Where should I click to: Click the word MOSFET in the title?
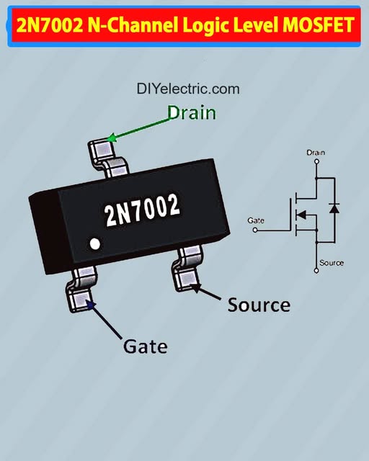(322, 26)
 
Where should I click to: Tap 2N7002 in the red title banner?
(49, 26)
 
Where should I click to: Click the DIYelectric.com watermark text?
(187, 89)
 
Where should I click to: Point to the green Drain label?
(192, 112)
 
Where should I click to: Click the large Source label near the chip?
(259, 305)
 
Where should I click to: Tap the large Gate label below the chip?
(146, 346)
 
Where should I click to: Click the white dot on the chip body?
(94, 243)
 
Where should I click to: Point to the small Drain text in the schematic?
(316, 153)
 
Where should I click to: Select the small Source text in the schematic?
(332, 263)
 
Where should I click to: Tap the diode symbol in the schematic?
(334, 208)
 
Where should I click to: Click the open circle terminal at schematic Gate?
(256, 230)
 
